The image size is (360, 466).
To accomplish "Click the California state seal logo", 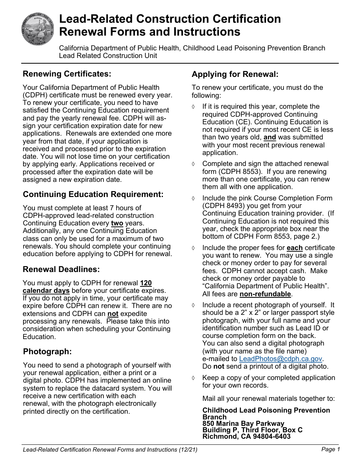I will pyautogui.click(x=38, y=28).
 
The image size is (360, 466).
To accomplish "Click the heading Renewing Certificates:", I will pyautogui.click(x=67, y=73).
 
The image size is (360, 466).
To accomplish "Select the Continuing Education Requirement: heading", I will pyautogui.click(x=93, y=194).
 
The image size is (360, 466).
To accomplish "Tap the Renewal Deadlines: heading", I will pyautogui.click(x=61, y=269).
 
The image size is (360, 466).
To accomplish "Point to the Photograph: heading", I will pyautogui.click(x=47, y=351).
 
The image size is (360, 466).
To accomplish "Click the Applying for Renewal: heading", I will pyautogui.click(x=235, y=74).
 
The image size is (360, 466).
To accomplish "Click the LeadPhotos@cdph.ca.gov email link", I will pyautogui.click(x=281, y=358).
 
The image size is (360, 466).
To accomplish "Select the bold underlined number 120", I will pyautogui.click(x=146, y=283).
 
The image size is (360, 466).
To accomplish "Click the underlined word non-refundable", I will pyautogui.click(x=265, y=294).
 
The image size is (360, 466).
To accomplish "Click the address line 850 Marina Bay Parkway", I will pyautogui.click(x=243, y=424).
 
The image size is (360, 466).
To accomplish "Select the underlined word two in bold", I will pyautogui.click(x=117, y=223).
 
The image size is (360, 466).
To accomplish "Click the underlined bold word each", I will pyautogui.click(x=294, y=248).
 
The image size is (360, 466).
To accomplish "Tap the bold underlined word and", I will pyautogui.click(x=270, y=137).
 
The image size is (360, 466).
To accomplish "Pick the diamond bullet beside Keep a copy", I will pyautogui.click(x=194, y=378).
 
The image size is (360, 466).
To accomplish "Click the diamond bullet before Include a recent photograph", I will pyautogui.click(x=194, y=305).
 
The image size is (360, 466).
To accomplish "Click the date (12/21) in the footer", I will pyautogui.click(x=188, y=450).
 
